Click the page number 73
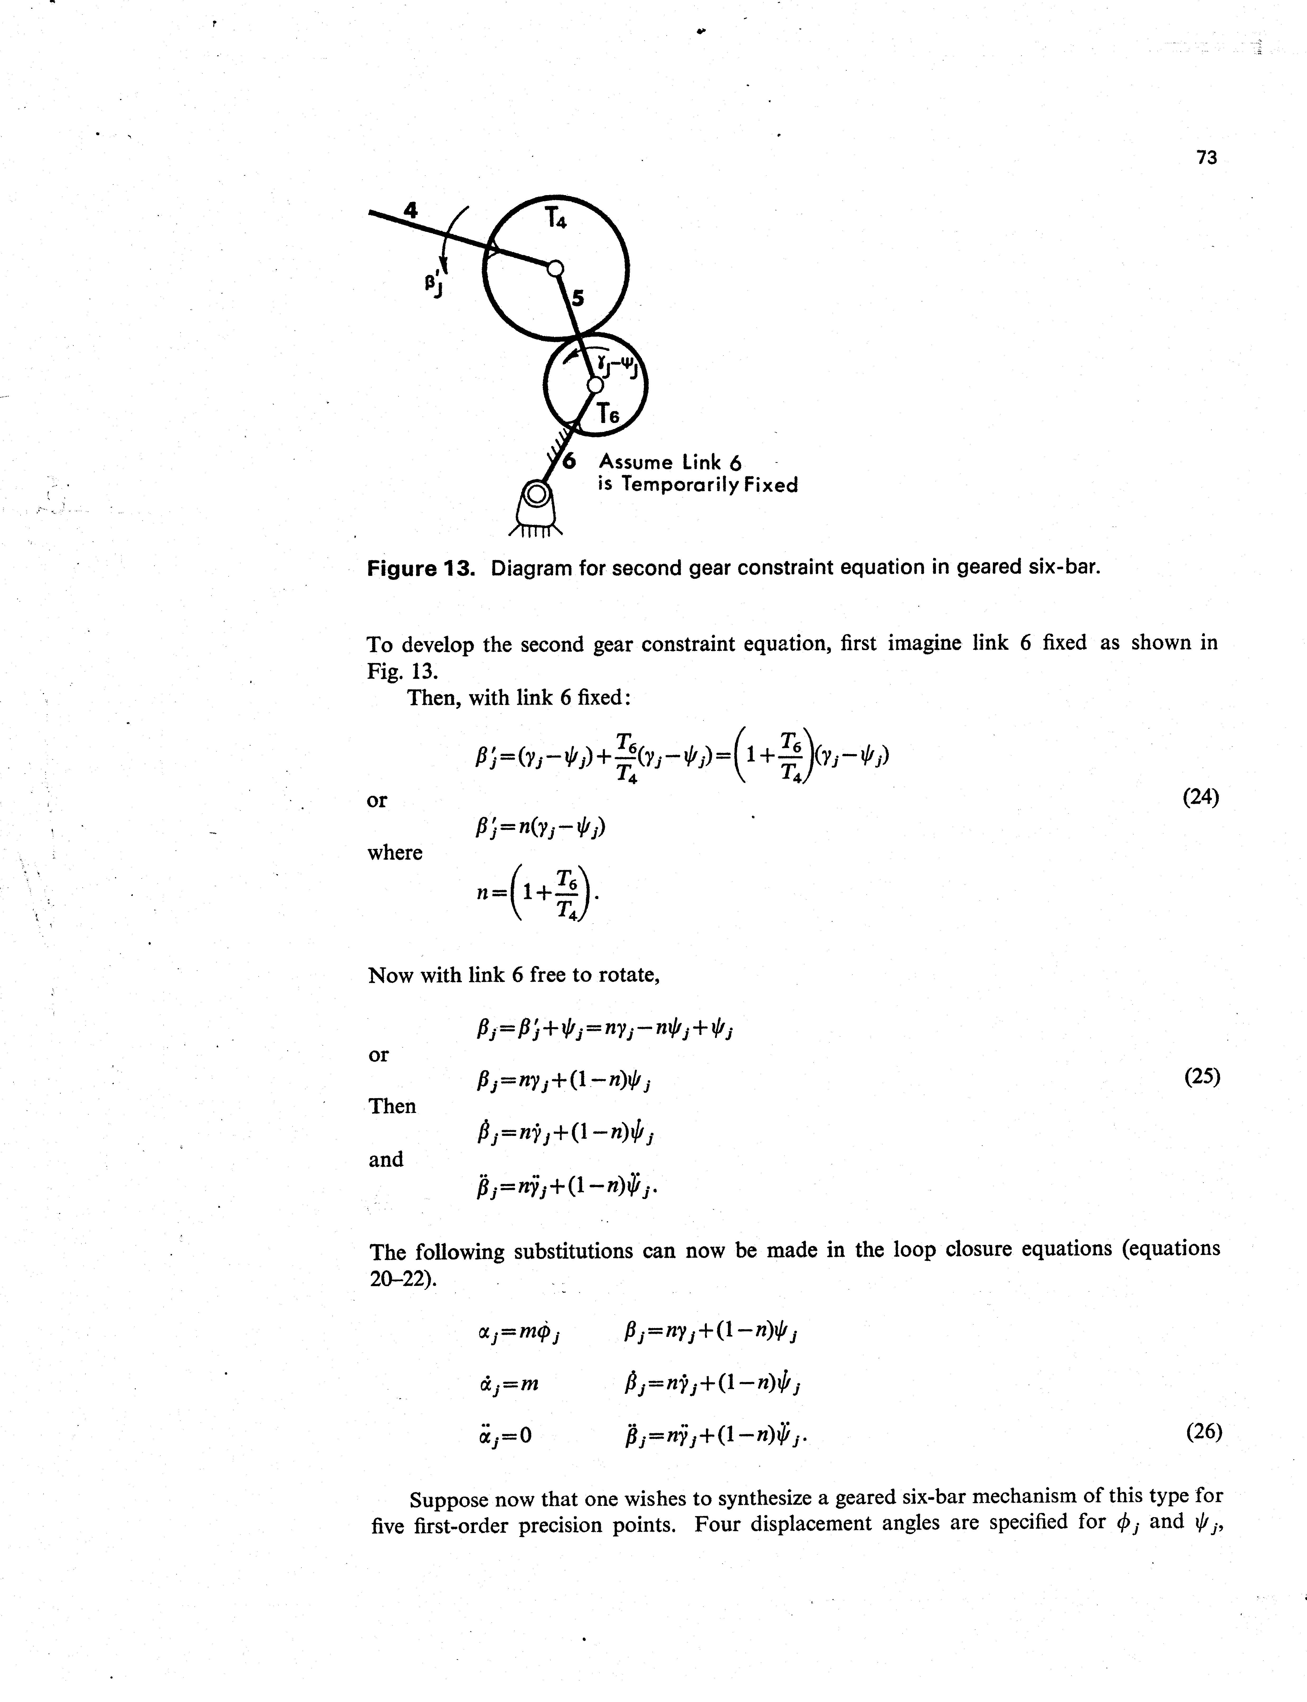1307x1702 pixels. pyautogui.click(x=1206, y=157)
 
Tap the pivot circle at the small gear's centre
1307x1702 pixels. pyautogui.click(x=594, y=384)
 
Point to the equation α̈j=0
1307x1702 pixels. pyautogui.click(x=506, y=1434)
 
